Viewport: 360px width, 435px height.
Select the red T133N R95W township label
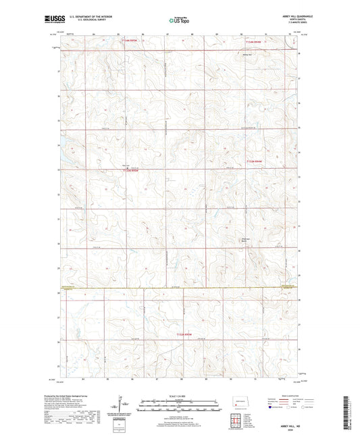point(133,171)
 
